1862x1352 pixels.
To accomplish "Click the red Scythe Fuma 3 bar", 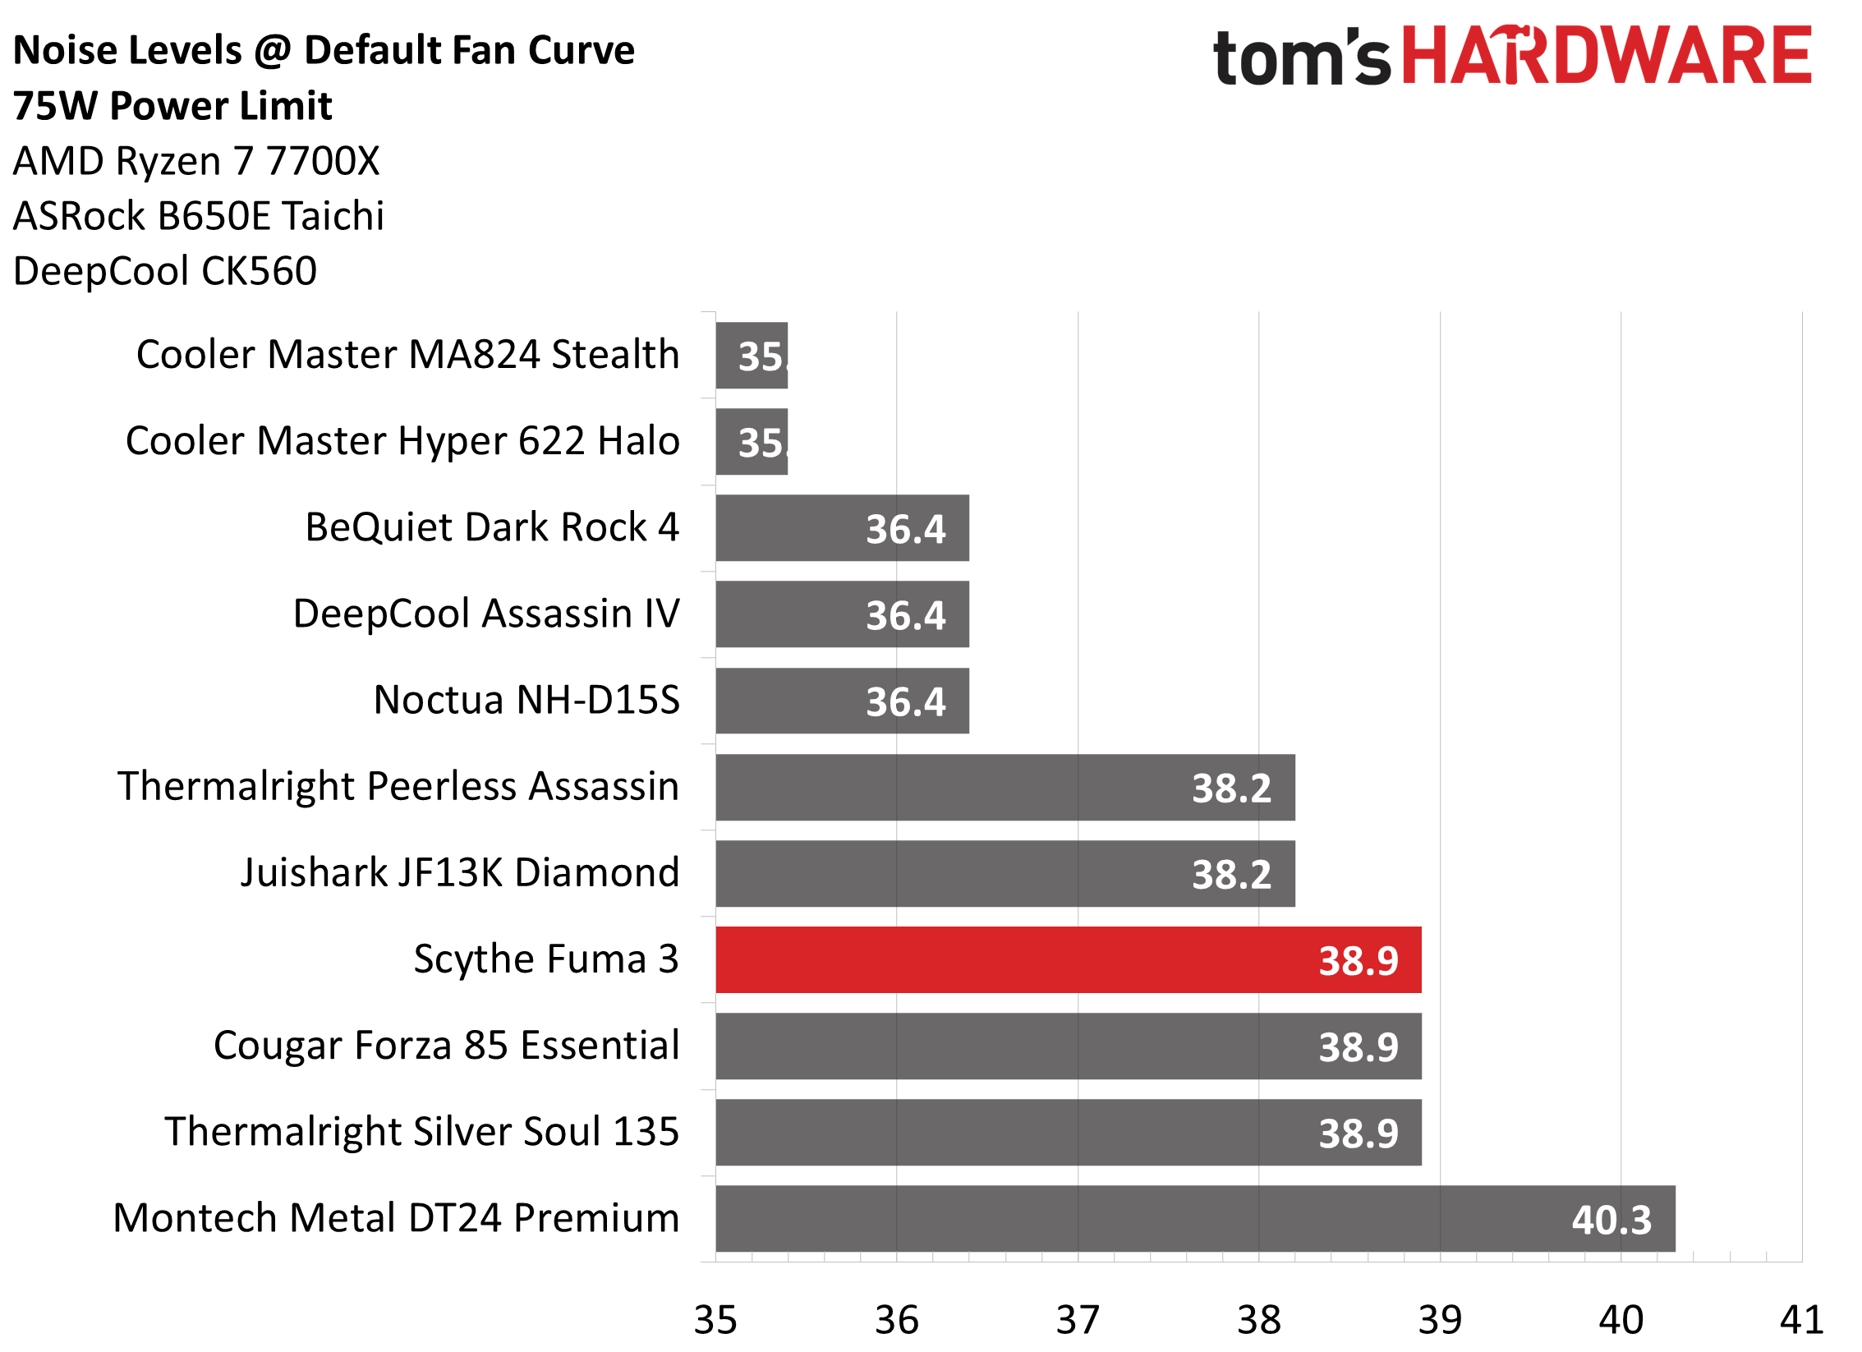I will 1068,959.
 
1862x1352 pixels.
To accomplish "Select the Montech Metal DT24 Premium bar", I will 1195,1218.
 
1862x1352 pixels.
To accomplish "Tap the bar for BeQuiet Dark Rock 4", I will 842,527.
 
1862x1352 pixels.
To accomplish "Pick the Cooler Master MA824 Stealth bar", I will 752,355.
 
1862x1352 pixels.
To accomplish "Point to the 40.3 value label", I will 1611,1220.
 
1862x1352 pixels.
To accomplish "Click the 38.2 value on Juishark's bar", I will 1231,874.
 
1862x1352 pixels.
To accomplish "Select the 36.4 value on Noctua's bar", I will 905,701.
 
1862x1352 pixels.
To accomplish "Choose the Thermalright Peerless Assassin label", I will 398,786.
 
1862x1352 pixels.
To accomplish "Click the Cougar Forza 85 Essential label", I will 446,1046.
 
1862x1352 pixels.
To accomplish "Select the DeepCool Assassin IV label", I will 486,614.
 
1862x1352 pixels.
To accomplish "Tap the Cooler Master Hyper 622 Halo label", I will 402,441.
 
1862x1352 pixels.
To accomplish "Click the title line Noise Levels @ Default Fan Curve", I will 324,51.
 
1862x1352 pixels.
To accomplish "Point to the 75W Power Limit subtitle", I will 172,106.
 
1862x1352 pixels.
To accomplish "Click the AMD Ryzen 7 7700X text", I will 196,161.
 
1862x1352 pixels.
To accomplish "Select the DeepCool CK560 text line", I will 165,271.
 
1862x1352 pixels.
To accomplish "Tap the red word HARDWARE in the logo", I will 1606,56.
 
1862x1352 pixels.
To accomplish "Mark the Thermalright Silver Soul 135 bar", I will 1068,1132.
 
